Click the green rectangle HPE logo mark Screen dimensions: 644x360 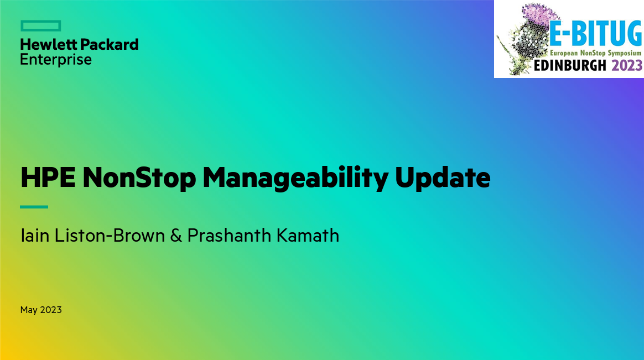pyautogui.click(x=40, y=26)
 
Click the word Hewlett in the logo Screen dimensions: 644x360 pyautogui.click(x=48, y=44)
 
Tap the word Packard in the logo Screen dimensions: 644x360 pyautogui.click(x=109, y=44)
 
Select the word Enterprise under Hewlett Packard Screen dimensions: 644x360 pyautogui.click(x=56, y=60)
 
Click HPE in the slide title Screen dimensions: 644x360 pyautogui.click(x=48, y=178)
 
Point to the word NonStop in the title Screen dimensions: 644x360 pyautogui.click(x=139, y=178)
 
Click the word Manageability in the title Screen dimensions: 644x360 pyautogui.click(x=295, y=178)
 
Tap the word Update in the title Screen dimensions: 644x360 pyautogui.click(x=443, y=178)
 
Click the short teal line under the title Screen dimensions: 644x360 pyautogui.click(x=34, y=207)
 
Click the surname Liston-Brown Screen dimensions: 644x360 pyautogui.click(x=110, y=236)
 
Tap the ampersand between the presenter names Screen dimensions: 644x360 pyautogui.click(x=176, y=236)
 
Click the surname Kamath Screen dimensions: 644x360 pyautogui.click(x=308, y=236)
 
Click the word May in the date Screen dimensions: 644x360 pyautogui.click(x=29, y=310)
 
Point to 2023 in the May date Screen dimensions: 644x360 pyautogui.click(x=51, y=310)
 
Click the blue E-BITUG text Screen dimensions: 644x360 pyautogui.click(x=595, y=34)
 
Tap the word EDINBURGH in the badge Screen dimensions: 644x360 pyautogui.click(x=570, y=65)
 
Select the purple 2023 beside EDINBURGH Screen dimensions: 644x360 pyautogui.click(x=627, y=65)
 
